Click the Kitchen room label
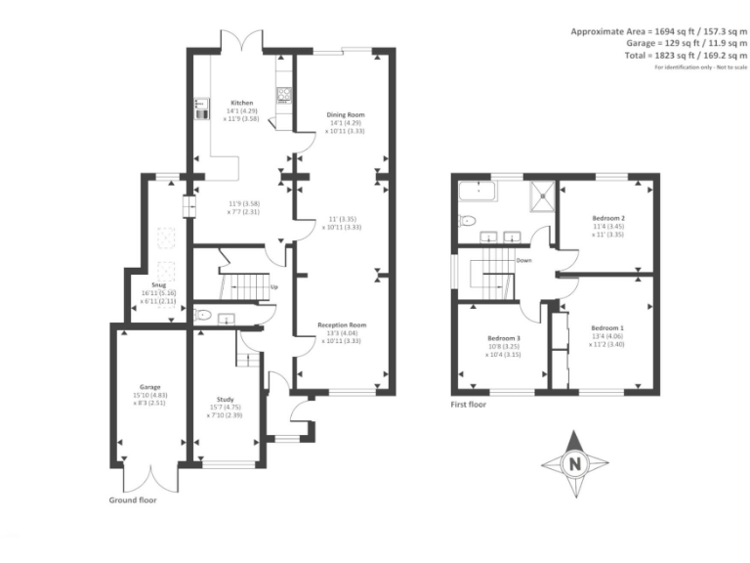tap(242, 103)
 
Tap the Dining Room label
tap(345, 115)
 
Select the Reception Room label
tap(342, 325)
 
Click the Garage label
tap(149, 387)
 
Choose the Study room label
tap(226, 398)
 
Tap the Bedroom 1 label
tap(606, 327)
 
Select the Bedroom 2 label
tap(608, 218)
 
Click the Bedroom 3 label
tap(504, 340)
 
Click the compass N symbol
tap(574, 463)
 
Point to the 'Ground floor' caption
tap(132, 499)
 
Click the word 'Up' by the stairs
tap(274, 287)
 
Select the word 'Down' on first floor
tap(523, 261)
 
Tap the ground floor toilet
tap(201, 315)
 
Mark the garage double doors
tap(150, 478)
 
